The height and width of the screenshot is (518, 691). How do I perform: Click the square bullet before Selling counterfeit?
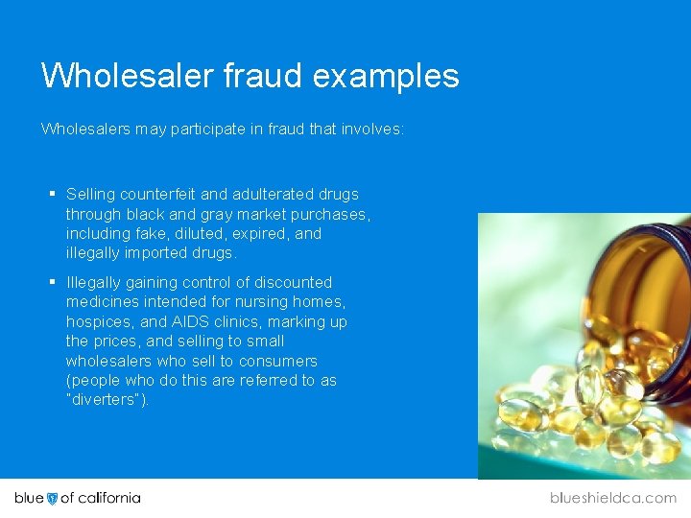click(x=53, y=194)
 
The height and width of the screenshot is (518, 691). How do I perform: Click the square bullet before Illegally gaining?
click(x=53, y=282)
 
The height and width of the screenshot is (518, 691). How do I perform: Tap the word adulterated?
click(x=276, y=194)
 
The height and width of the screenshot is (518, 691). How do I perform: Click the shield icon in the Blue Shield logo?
click(x=52, y=498)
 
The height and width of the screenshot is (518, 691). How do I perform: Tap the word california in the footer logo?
click(x=108, y=498)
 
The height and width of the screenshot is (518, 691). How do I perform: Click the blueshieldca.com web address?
click(x=612, y=498)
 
